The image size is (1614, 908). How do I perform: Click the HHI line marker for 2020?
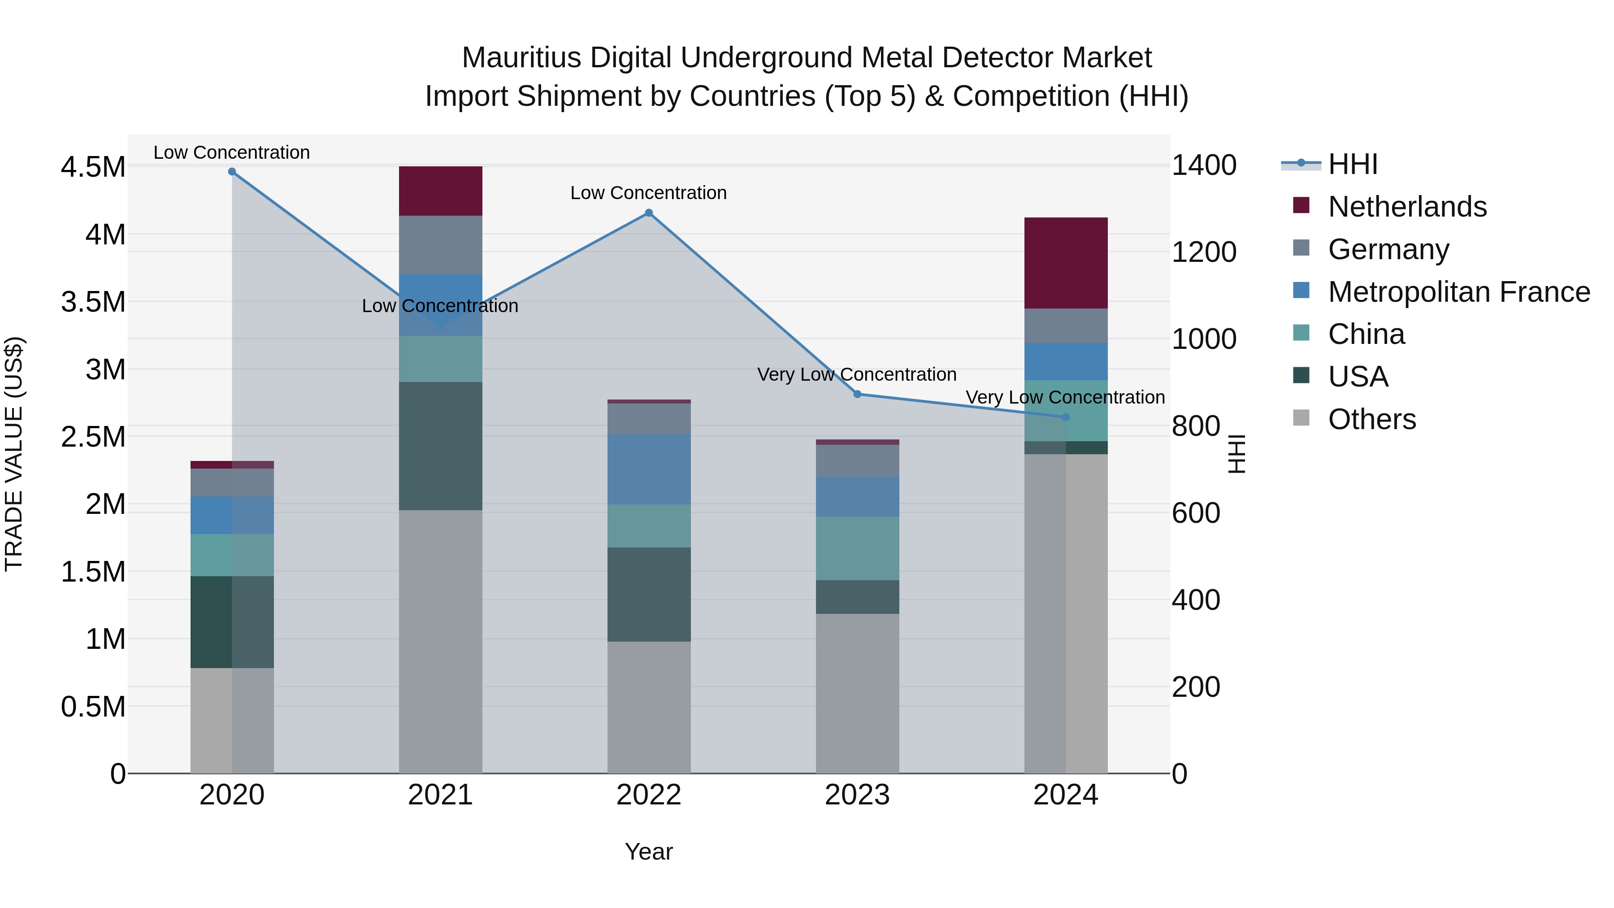pos(232,171)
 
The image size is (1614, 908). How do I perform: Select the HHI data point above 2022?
pos(648,213)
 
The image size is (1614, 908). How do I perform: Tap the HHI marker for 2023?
pos(857,394)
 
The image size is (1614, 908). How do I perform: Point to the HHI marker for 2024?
pos(1066,417)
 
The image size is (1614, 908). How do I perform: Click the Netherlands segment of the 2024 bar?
pos(1066,263)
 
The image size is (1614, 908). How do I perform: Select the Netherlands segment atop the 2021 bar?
pos(440,191)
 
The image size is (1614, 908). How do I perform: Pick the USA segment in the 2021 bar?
pos(440,446)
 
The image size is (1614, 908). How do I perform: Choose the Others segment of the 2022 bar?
pos(648,707)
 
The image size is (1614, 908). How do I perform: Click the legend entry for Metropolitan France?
pos(1458,292)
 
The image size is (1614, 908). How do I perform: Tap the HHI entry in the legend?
pos(1352,164)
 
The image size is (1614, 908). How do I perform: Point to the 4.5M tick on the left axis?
pos(93,167)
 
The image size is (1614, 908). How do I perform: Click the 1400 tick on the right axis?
pos(1204,165)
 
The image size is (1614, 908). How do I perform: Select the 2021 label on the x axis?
pos(440,795)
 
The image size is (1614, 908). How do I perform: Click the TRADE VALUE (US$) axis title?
pos(14,454)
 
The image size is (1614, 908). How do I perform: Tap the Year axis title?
pos(648,852)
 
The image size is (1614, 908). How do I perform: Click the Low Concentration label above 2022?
pos(648,193)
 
